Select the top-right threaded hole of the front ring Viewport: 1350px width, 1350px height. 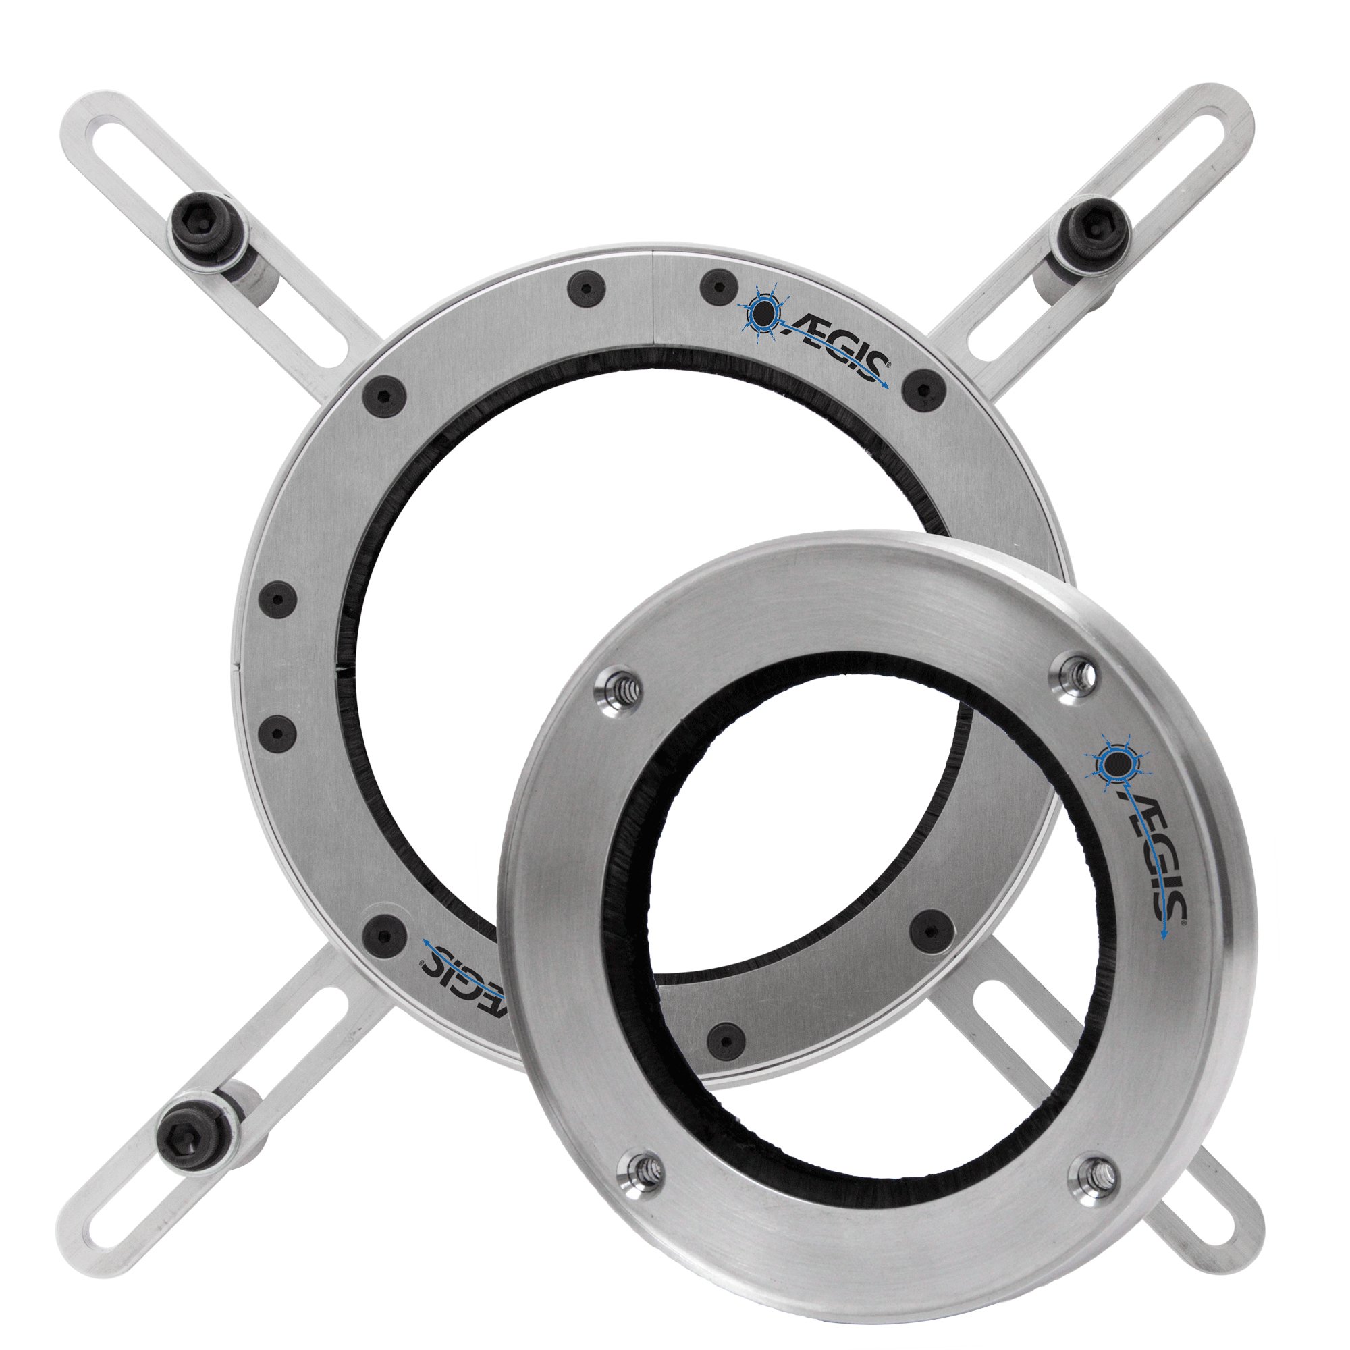coord(1077,674)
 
